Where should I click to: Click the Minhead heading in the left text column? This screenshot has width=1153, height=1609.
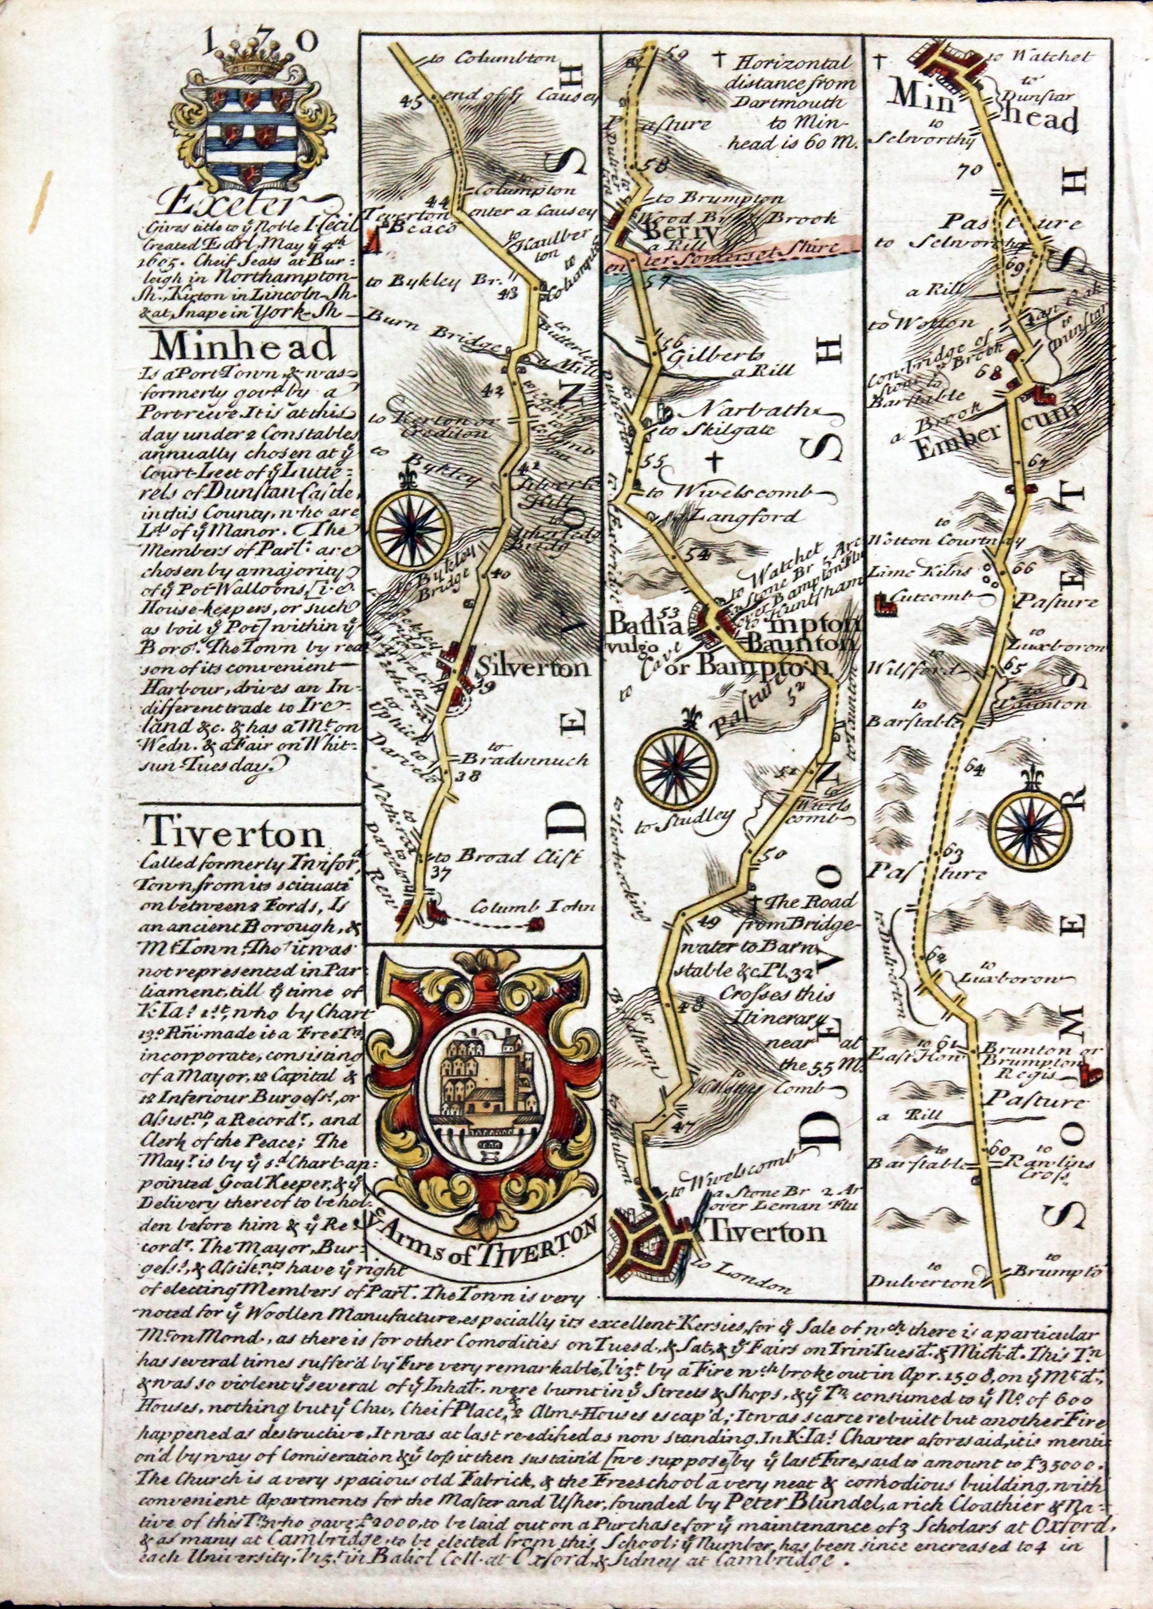click(243, 347)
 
